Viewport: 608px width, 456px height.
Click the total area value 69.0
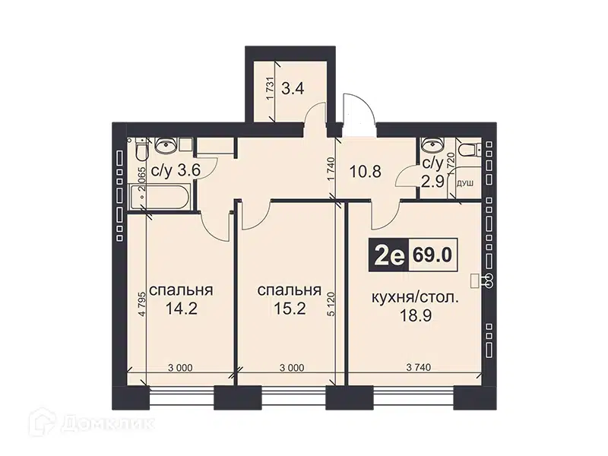432,255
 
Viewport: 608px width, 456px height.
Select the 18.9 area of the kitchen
415,315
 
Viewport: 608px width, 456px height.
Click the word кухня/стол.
415,298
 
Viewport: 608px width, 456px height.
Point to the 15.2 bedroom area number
290,309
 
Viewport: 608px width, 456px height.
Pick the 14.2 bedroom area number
182,309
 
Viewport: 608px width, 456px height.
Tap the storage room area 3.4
293,89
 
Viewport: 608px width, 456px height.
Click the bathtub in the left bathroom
159,197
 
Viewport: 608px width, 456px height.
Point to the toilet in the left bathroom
141,150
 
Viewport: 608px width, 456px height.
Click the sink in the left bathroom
166,145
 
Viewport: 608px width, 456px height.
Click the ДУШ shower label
465,184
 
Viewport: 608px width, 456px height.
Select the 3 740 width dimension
419,367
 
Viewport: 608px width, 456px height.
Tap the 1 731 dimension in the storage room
271,89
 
